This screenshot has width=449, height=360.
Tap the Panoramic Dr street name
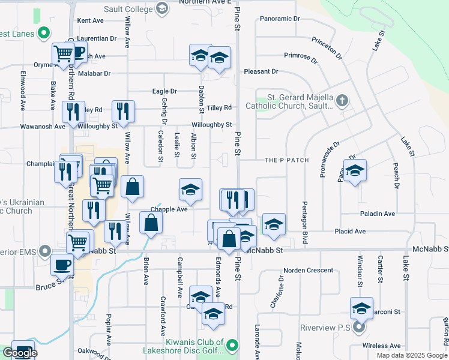[280, 19]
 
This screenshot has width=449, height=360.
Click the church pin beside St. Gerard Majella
[342, 100]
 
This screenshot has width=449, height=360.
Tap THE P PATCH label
[287, 160]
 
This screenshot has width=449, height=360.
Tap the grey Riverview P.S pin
[359, 328]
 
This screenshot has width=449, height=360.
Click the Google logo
[20, 353]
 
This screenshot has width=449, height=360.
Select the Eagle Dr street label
[164, 91]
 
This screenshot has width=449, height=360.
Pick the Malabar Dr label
[94, 74]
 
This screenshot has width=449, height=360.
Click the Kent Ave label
[91, 20]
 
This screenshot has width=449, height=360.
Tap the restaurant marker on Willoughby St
[122, 111]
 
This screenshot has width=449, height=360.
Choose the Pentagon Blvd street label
[304, 222]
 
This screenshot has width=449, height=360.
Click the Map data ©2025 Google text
[411, 355]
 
